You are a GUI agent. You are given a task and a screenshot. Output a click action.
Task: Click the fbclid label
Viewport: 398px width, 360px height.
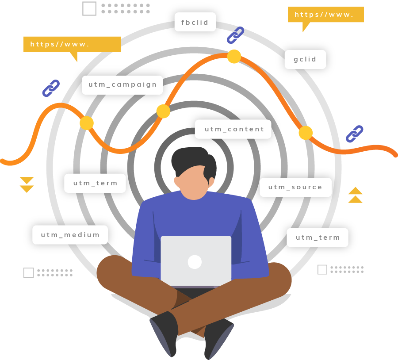pyautogui.click(x=195, y=22)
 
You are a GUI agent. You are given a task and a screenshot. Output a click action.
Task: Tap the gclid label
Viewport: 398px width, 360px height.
pyautogui.click(x=305, y=59)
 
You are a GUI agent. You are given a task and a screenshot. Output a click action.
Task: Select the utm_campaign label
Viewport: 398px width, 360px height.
pyautogui.click(x=122, y=85)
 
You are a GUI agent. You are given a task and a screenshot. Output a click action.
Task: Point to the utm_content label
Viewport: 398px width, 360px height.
pyautogui.click(x=233, y=129)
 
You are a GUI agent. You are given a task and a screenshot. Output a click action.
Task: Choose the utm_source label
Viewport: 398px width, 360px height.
pyautogui.click(x=295, y=187)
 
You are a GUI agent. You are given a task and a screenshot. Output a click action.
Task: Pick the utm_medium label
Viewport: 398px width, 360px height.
pyautogui.click(x=70, y=235)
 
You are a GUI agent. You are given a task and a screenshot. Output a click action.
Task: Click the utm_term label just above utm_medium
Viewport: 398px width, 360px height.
pyautogui.click(x=95, y=183)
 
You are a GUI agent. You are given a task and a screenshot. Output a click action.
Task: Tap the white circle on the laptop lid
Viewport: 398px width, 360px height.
pyautogui.click(x=195, y=262)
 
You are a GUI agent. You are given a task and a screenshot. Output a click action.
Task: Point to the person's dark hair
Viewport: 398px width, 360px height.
pyautogui.click(x=190, y=159)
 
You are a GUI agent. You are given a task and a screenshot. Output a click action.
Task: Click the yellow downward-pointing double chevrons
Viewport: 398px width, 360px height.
pyautogui.click(x=27, y=185)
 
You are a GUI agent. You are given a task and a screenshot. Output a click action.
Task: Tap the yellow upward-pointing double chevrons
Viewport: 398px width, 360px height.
pyautogui.click(x=355, y=195)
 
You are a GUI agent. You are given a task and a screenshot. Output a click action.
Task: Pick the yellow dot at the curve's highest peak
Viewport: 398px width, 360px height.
pyautogui.click(x=234, y=57)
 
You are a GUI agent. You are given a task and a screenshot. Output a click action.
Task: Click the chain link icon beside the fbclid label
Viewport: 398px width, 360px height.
pyautogui.click(x=235, y=35)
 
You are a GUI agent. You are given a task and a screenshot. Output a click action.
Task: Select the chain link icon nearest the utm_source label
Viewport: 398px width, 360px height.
pyautogui.click(x=354, y=134)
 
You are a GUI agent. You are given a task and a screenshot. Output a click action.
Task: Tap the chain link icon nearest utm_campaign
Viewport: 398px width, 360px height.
pyautogui.click(x=51, y=88)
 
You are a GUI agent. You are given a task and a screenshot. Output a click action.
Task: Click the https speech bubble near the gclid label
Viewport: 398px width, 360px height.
pyautogui.click(x=325, y=15)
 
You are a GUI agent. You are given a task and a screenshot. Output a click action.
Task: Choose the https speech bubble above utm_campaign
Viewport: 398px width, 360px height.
pyautogui.click(x=72, y=44)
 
